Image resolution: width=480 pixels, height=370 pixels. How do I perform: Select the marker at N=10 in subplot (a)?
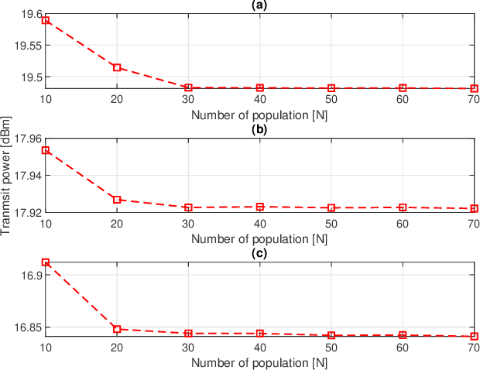(x=46, y=20)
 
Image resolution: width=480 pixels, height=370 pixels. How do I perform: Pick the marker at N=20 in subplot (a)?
(x=117, y=67)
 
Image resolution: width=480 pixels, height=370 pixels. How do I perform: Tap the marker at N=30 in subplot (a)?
(x=188, y=87)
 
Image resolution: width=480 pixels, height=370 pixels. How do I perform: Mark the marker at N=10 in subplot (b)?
(x=46, y=150)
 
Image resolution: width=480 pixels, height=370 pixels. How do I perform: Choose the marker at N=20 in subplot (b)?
(x=117, y=200)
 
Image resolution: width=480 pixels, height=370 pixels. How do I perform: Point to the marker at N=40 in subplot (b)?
(x=260, y=207)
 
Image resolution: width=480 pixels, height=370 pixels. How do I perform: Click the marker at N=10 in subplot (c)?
(x=46, y=262)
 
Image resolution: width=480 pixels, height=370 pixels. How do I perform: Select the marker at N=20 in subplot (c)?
(x=117, y=329)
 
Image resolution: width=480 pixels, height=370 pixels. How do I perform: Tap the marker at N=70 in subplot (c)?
(x=474, y=336)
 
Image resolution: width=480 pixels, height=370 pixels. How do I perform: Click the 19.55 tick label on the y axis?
(x=27, y=46)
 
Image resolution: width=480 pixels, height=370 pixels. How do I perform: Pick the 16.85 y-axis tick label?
(x=27, y=327)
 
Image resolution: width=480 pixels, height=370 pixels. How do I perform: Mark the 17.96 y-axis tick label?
(x=27, y=139)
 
